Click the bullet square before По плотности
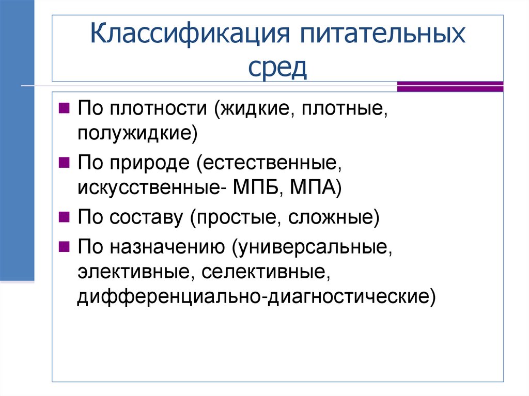pyautogui.click(x=65, y=108)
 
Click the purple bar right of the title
pyautogui.click(x=450, y=86)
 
